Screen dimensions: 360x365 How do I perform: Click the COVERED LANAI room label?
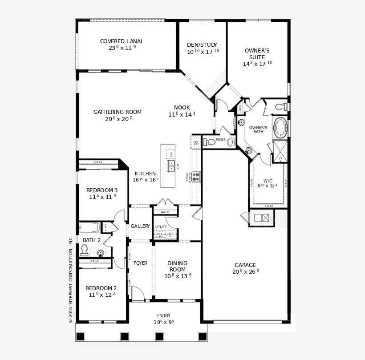pyautogui.click(x=121, y=41)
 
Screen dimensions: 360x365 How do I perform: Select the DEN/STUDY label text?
pyautogui.click(x=202, y=45)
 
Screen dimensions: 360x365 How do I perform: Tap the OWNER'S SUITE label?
pyautogui.click(x=257, y=54)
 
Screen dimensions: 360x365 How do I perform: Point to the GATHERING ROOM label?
pyautogui.click(x=118, y=112)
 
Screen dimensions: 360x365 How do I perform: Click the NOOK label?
pyautogui.click(x=182, y=108)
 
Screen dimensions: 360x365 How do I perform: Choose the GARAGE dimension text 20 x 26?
pyautogui.click(x=245, y=271)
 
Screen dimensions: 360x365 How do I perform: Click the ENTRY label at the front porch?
pyautogui.click(x=163, y=316)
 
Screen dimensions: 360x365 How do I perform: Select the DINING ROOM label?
pyautogui.click(x=177, y=266)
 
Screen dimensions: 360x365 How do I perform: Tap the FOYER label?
pyautogui.click(x=140, y=263)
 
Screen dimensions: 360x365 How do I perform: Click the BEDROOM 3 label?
pyautogui.click(x=102, y=190)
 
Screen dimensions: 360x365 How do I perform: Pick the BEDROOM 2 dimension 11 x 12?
pyautogui.click(x=101, y=295)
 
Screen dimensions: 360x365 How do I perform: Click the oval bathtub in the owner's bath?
pyautogui.click(x=280, y=127)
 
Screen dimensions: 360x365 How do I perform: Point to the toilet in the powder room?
pyautogui.click(x=209, y=142)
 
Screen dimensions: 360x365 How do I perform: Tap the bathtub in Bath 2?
pyautogui.click(x=89, y=227)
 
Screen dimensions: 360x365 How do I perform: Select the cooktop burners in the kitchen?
pyautogui.click(x=196, y=177)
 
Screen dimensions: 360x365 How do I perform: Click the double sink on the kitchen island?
pyautogui.click(x=171, y=166)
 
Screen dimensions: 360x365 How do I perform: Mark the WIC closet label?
pyautogui.click(x=268, y=181)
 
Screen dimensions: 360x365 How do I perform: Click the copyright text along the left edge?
pyautogui.click(x=70, y=279)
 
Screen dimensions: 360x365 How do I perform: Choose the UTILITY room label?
pyautogui.click(x=161, y=227)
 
